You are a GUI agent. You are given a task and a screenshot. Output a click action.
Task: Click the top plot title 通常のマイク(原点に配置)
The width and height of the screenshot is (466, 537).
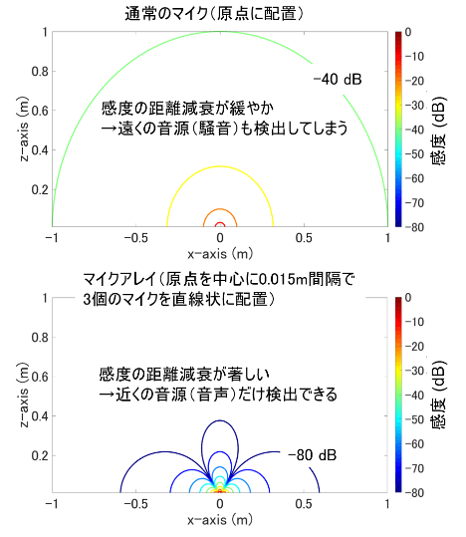[219, 13]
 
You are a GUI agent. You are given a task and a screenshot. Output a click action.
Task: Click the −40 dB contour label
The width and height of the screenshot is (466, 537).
[334, 82]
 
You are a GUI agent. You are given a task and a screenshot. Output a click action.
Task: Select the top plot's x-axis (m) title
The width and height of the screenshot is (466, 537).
[219, 256]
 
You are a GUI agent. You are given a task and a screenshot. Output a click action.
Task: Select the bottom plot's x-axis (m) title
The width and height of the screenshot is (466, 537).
[219, 521]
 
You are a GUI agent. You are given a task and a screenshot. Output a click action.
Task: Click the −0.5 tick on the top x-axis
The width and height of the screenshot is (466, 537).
[133, 240]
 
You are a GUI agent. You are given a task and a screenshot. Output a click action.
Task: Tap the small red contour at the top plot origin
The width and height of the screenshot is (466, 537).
[219, 225]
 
